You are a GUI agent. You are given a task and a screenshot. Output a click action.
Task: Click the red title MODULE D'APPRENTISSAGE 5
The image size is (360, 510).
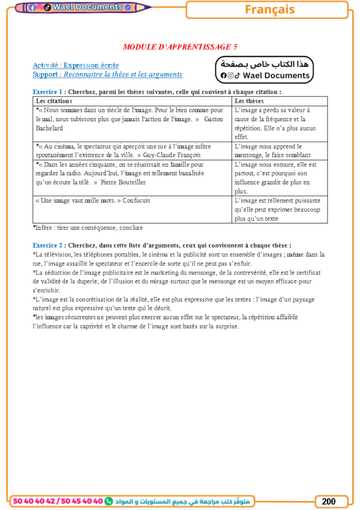coord(180,46)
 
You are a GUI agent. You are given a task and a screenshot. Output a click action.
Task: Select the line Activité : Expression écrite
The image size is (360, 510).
coord(76,65)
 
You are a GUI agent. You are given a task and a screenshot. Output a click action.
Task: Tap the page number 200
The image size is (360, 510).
coord(329,501)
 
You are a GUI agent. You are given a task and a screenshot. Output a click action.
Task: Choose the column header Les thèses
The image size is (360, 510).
coord(249,101)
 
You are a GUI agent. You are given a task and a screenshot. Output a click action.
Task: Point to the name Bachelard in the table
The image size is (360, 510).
coord(49,128)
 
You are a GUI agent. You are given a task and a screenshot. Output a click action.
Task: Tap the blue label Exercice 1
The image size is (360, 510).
coord(49,92)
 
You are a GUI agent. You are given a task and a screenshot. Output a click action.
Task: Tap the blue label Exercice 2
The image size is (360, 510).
coord(49,245)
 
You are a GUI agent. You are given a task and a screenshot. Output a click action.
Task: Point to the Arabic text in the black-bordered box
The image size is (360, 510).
coord(264,64)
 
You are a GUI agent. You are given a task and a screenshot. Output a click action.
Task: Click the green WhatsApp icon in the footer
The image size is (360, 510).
coord(109,501)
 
